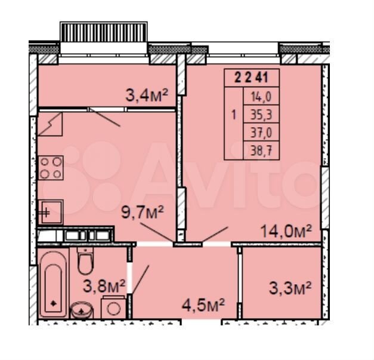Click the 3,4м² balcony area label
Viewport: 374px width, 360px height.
[147, 96]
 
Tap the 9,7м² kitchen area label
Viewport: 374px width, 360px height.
[143, 212]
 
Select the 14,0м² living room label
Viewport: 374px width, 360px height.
[286, 231]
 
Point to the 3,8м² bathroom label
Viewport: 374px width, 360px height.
[104, 286]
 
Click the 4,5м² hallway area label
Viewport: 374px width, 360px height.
[203, 305]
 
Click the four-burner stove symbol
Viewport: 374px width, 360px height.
[51, 168]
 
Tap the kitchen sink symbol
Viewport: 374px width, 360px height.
[51, 212]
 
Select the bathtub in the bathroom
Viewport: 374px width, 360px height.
[54, 283]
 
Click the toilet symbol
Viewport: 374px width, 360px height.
[85, 261]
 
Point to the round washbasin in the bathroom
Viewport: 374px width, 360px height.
[82, 310]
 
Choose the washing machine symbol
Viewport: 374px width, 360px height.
[113, 307]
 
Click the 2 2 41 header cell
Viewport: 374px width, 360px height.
[251, 78]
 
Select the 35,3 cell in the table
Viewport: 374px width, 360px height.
[261, 114]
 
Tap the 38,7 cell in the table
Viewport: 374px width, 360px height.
[261, 150]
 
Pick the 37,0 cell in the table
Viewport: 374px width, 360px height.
[261, 133]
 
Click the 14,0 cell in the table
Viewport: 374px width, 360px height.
[261, 96]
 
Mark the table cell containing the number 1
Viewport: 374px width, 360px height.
[233, 123]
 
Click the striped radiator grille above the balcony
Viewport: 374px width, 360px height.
[104, 32]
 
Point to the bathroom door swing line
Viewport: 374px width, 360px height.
[140, 279]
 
